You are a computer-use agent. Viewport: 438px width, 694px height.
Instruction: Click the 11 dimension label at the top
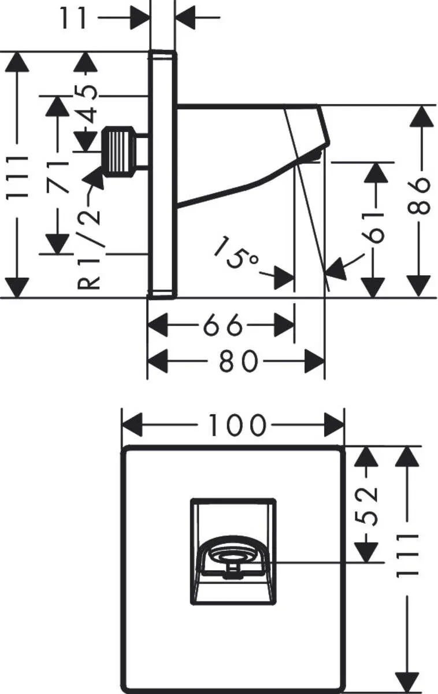tap(73, 18)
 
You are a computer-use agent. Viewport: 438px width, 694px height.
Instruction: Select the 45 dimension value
tap(88, 104)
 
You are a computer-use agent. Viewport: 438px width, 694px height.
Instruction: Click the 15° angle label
tap(235, 253)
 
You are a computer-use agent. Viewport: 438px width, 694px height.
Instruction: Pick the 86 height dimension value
tap(421, 196)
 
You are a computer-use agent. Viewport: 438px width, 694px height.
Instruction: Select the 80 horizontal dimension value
tap(236, 361)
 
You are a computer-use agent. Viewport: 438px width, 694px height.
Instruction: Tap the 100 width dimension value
tap(236, 426)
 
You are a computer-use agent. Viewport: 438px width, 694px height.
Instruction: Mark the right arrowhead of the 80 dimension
tap(315, 361)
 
